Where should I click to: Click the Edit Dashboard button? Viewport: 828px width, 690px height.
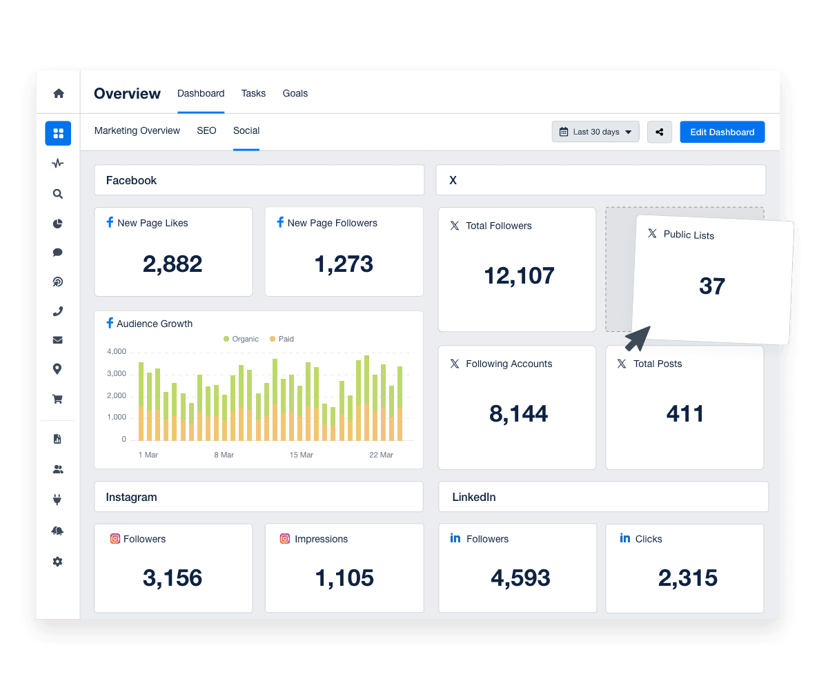(722, 132)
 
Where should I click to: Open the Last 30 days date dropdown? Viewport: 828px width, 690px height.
(595, 132)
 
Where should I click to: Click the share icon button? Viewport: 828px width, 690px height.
(660, 132)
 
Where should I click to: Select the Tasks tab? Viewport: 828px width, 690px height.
(253, 93)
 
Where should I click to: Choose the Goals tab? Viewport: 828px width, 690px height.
(295, 93)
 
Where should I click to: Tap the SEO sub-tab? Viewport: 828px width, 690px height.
(206, 130)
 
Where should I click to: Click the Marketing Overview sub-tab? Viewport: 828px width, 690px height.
(137, 130)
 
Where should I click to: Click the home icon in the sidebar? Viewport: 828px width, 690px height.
(58, 93)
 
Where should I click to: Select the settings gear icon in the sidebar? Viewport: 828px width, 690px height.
(58, 562)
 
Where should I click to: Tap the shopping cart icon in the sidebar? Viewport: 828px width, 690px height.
(58, 399)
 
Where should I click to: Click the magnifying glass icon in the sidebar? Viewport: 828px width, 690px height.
(58, 194)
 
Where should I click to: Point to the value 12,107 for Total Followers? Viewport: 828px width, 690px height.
(519, 275)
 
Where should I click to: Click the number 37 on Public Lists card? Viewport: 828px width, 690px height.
(711, 286)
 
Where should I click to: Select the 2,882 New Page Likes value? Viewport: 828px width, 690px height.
(172, 264)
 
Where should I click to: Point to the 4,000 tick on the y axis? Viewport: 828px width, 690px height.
(117, 352)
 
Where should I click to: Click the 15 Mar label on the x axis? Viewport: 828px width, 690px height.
(302, 455)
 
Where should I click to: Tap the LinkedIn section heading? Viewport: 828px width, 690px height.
(474, 497)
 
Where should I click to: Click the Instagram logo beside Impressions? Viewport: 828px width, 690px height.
(285, 539)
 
